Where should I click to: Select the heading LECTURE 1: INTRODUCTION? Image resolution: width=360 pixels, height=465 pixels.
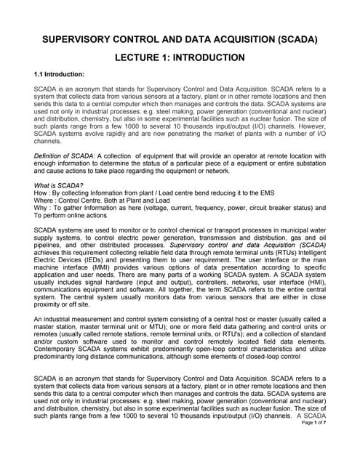180,57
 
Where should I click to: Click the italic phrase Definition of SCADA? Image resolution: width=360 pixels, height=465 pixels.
64,157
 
